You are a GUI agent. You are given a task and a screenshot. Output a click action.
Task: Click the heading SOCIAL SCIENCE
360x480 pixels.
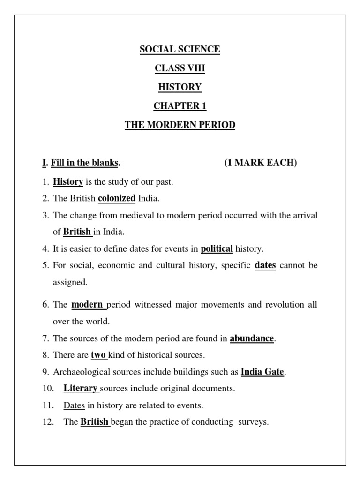tap(180, 50)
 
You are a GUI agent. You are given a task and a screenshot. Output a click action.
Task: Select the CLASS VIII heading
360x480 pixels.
tap(180, 68)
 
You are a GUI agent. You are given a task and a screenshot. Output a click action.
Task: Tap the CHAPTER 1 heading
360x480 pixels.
tap(180, 106)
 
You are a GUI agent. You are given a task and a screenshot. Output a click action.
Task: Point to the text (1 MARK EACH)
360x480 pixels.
tap(260, 163)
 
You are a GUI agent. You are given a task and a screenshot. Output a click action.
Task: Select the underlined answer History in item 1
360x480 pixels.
tap(68, 181)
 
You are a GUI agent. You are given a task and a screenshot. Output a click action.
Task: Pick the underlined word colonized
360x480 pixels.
tap(117, 198)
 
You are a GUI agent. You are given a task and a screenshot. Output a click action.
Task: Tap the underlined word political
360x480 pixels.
tap(217, 248)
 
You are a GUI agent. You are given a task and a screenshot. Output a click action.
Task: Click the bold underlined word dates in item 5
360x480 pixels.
tap(265, 265)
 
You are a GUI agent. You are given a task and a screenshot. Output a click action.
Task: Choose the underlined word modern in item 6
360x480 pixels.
tap(87, 305)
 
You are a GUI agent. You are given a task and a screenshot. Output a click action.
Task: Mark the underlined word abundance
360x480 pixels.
tap(252, 338)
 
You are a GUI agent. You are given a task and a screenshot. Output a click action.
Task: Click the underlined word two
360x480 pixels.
tap(98, 355)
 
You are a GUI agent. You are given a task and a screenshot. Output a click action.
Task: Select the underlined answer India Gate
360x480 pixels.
tap(262, 372)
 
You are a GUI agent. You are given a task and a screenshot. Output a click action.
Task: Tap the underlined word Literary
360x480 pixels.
tap(81, 388)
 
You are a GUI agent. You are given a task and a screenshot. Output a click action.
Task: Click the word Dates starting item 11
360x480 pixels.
tap(74, 405)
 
